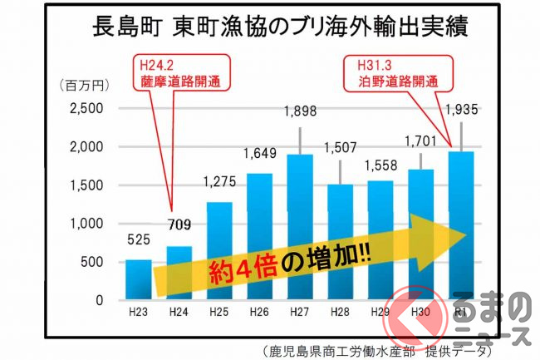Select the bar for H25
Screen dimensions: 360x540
click(220, 249)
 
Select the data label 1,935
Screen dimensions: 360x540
click(460, 109)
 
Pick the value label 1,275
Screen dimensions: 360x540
click(219, 182)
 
